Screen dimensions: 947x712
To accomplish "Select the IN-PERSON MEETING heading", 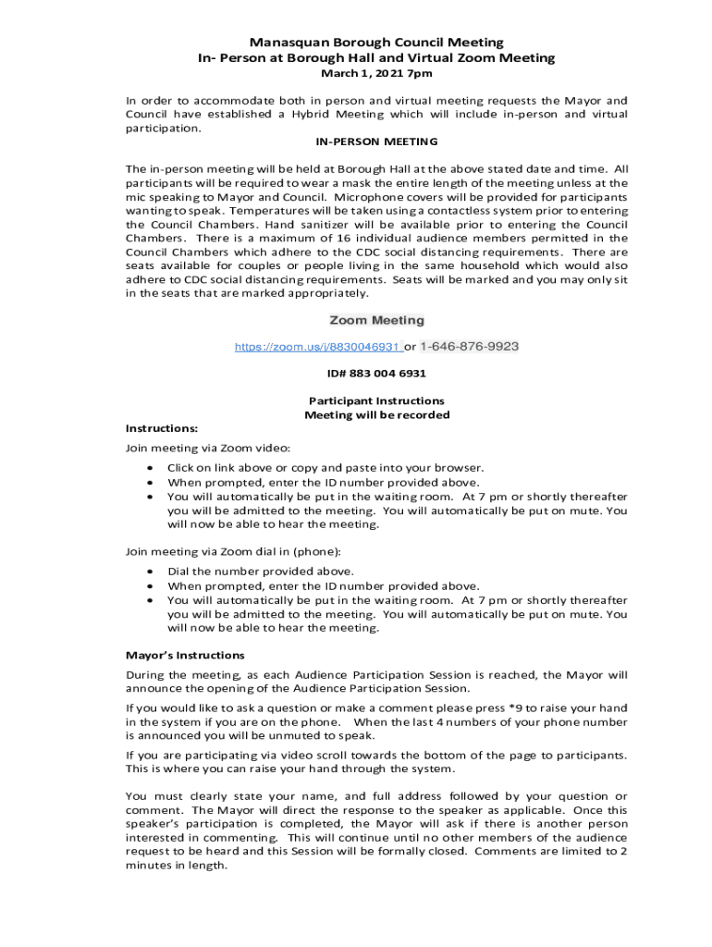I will click(376, 142).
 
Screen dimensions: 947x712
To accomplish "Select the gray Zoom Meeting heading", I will click(376, 320).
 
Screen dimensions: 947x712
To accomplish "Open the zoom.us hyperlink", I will click(318, 347).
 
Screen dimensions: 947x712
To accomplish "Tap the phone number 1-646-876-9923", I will click(469, 347).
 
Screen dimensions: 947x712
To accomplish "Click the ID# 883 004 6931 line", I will click(376, 374).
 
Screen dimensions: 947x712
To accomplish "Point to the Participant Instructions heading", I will click(376, 401).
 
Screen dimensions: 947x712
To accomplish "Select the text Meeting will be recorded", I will click(376, 415).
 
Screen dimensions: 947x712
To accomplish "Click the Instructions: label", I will click(162, 429).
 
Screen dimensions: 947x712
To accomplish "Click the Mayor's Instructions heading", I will click(185, 656).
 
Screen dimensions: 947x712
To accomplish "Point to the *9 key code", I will click(492, 708).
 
